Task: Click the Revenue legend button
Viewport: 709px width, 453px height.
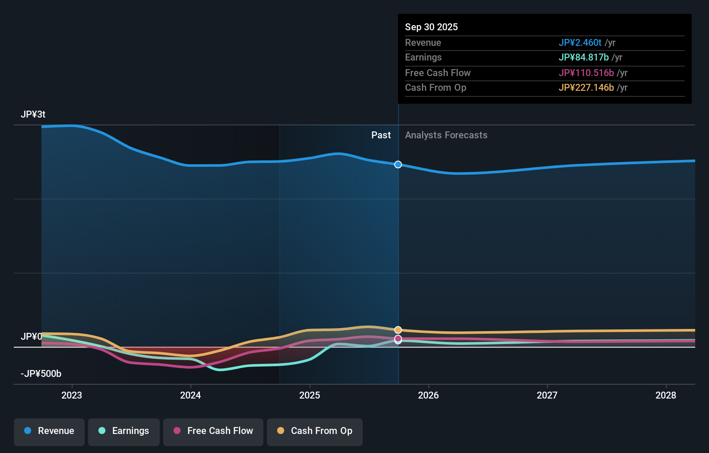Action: (49, 431)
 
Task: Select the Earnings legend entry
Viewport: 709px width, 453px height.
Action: (124, 431)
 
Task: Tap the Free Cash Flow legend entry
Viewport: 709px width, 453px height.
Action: (213, 431)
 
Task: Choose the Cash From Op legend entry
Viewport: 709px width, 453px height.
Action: (315, 431)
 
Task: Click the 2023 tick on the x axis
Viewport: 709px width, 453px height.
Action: (72, 395)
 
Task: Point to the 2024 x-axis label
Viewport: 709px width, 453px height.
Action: (190, 395)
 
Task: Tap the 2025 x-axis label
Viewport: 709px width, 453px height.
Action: (310, 395)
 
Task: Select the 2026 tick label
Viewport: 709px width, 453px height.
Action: (428, 395)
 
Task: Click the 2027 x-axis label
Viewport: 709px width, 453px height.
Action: (547, 395)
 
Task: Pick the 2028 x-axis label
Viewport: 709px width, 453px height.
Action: (666, 395)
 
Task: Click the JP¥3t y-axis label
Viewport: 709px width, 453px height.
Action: (33, 115)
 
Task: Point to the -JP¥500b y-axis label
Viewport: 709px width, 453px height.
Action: (41, 374)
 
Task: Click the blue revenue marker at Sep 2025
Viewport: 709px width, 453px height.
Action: (398, 165)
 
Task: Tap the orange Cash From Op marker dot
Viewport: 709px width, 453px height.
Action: (398, 330)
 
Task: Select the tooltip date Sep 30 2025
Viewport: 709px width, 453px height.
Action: (431, 27)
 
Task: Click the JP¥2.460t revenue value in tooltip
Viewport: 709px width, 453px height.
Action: (580, 42)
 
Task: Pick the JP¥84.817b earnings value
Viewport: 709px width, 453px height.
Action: (583, 57)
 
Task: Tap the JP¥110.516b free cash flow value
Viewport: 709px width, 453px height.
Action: (586, 73)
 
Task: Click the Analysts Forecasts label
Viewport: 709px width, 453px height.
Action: (446, 135)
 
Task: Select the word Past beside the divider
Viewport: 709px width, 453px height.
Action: (381, 135)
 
